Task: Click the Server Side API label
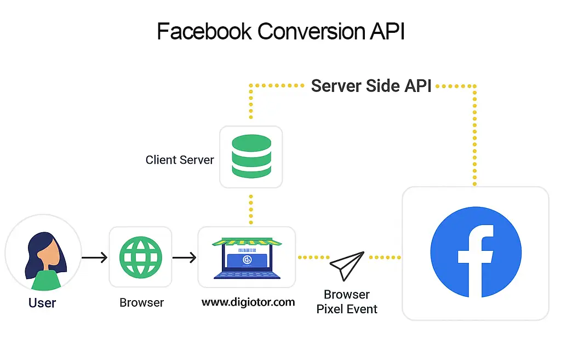[x=371, y=86]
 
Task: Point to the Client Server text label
[x=180, y=160]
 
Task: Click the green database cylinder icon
[x=251, y=156]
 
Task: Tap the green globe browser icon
[x=141, y=257]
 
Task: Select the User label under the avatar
[x=42, y=302]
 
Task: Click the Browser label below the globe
[x=141, y=302]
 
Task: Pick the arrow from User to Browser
[x=94, y=257]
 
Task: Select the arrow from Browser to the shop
[x=185, y=257]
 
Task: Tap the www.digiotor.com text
[x=248, y=302]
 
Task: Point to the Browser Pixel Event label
[x=347, y=302]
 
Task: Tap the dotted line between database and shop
[x=251, y=208]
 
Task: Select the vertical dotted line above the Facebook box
[x=474, y=137]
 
